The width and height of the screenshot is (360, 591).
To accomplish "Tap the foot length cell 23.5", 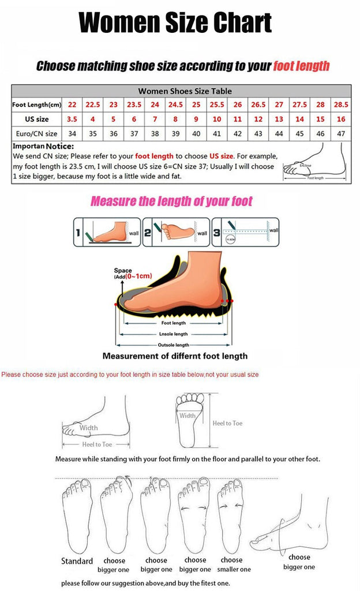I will click(134, 105).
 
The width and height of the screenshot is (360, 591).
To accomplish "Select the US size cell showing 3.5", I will click(72, 119).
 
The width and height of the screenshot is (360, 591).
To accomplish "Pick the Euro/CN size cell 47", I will click(340, 133).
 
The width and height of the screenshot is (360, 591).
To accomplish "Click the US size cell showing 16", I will click(340, 119).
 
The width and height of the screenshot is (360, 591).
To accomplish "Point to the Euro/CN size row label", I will click(35, 133).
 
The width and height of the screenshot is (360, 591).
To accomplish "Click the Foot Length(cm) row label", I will click(36, 105).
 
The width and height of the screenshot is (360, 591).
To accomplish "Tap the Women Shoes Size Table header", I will click(185, 91).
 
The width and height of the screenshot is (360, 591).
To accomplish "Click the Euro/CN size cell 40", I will click(196, 133).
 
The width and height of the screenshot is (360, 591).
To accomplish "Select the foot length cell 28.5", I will click(340, 105).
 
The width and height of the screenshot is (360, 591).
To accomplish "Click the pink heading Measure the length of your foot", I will click(171, 201).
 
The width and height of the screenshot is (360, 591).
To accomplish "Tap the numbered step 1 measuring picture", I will click(107, 232).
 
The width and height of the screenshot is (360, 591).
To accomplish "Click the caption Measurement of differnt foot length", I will click(175, 356).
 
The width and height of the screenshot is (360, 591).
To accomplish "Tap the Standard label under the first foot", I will click(77, 561).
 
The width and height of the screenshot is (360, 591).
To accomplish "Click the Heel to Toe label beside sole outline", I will click(227, 423).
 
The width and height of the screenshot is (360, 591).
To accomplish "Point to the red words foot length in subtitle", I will click(301, 66).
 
